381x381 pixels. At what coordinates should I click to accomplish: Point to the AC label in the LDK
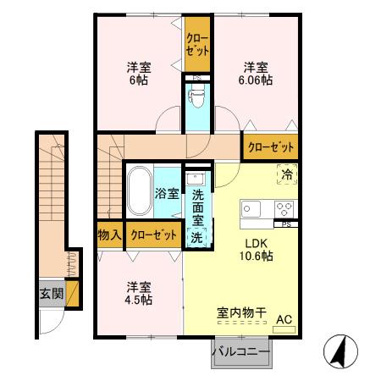click(x=285, y=319)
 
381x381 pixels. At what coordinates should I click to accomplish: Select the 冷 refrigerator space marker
click(x=285, y=174)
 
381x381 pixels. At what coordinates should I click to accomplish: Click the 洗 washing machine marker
click(x=196, y=237)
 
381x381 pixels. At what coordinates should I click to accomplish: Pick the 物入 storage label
click(x=108, y=234)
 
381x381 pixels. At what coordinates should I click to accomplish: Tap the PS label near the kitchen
click(x=286, y=224)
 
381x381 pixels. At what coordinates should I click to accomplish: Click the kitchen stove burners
click(x=284, y=209)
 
